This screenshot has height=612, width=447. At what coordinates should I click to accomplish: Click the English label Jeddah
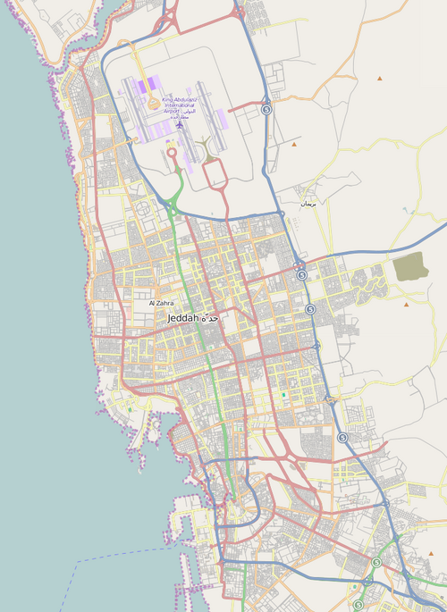[x=183, y=318]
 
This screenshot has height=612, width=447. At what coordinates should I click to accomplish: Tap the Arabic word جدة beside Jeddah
[x=210, y=318]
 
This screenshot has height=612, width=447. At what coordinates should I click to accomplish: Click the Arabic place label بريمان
[x=308, y=205]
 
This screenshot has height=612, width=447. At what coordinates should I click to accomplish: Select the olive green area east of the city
[x=410, y=266]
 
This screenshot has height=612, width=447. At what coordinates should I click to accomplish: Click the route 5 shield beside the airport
[x=266, y=108]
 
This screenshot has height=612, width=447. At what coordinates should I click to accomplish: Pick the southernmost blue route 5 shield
[x=342, y=438]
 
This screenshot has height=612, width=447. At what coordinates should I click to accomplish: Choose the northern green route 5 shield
[x=376, y=562]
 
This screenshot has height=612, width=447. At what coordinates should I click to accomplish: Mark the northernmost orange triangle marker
[x=380, y=79]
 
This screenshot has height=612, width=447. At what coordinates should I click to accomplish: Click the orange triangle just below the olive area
[x=405, y=304]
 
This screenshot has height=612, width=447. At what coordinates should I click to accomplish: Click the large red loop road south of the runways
[x=215, y=175]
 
